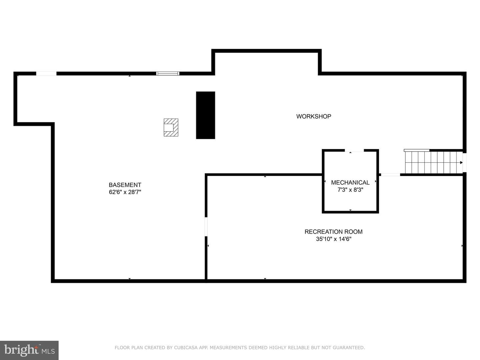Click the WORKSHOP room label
[x=313, y=116]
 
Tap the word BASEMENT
[x=125, y=185]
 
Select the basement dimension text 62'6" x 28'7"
[x=125, y=192]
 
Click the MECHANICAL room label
[x=350, y=183]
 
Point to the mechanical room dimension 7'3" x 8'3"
[x=350, y=190]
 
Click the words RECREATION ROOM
[x=333, y=232]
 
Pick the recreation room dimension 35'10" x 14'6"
[x=333, y=239]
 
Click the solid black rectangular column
[x=205, y=115]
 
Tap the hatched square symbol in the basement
[x=171, y=127]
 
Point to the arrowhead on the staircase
[x=461, y=162]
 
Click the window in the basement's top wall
[x=168, y=73]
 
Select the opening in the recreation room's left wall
[x=206, y=227]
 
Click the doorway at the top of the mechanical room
[x=354, y=150]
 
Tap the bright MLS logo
[x=29, y=350]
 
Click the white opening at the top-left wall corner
[x=46, y=73]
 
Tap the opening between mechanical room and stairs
[x=391, y=175]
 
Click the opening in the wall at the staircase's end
[x=464, y=162]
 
